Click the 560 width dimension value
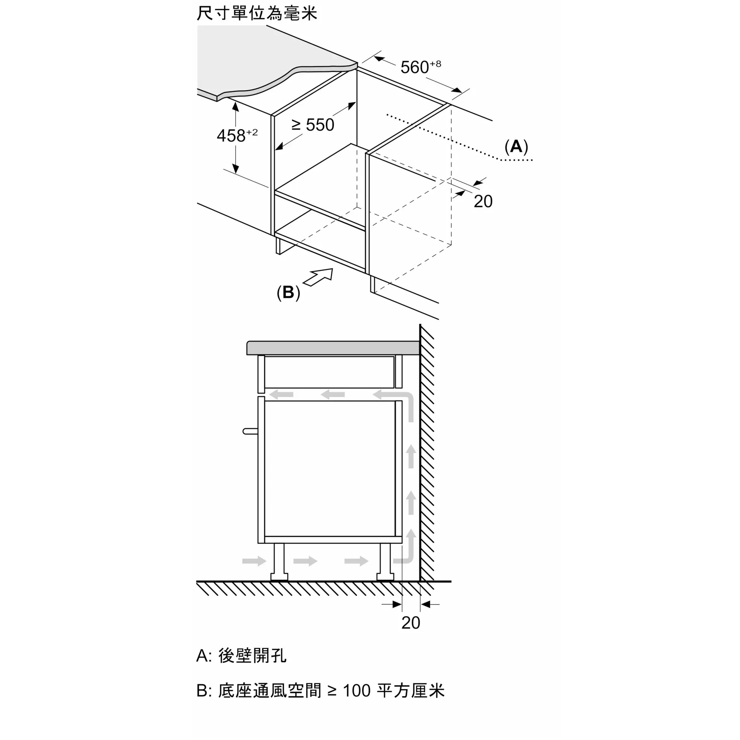click(x=421, y=67)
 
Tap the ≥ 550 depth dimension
click(x=313, y=125)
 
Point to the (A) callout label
click(x=516, y=146)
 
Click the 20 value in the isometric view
click(x=483, y=202)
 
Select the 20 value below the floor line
click(x=411, y=623)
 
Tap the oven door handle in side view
click(x=250, y=431)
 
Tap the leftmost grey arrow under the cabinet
click(x=254, y=561)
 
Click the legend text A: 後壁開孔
click(x=241, y=655)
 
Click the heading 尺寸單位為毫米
click(x=257, y=13)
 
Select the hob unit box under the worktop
click(x=329, y=371)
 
